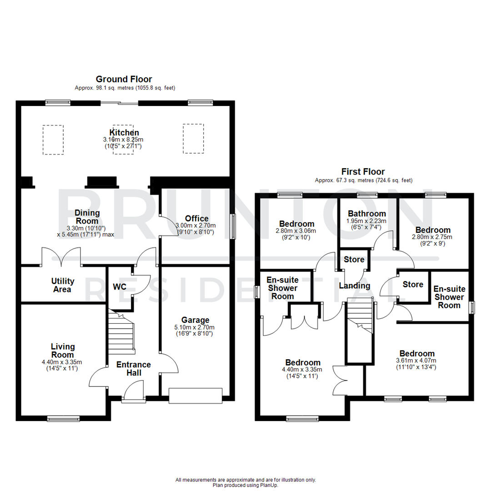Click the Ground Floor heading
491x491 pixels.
pos(124,79)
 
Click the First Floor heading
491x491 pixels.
pos(363,172)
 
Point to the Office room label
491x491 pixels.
pos(197,219)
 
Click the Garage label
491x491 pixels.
pos(195,320)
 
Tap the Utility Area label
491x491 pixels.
pos(62,285)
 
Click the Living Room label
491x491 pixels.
pos(62,351)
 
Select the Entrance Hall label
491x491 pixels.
pos(133,369)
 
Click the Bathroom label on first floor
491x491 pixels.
pos(366,213)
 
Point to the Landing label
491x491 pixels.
pos(355,286)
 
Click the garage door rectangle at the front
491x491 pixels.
pos(195,395)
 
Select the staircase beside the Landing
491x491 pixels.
pos(360,318)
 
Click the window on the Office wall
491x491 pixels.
pos(233,226)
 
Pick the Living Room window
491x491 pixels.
pos(64,418)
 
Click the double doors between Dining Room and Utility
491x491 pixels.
pos(61,257)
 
